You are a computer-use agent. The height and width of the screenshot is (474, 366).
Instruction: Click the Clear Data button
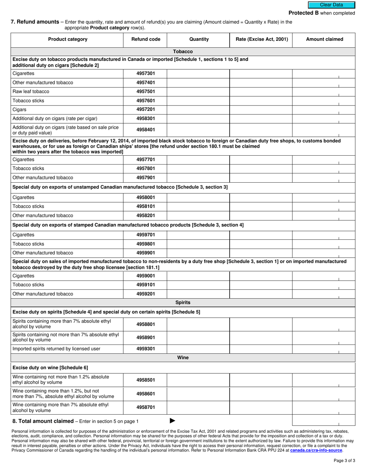pyautogui.click(x=331, y=5)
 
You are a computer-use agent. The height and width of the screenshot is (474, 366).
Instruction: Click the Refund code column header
pyautogui.click(x=146, y=39)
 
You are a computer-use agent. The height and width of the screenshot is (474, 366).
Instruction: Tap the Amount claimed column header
pyautogui.click(x=324, y=39)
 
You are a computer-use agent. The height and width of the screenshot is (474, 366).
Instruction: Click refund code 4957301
pyautogui.click(x=146, y=73)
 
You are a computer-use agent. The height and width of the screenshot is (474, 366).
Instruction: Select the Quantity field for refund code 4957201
pyautogui.click(x=198, y=110)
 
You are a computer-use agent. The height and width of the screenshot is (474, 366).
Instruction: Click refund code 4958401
pyautogui.click(x=146, y=130)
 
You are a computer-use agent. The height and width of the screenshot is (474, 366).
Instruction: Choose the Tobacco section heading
pyautogui.click(x=183, y=52)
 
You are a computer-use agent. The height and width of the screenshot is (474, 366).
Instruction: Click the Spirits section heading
pyautogui.click(x=183, y=303)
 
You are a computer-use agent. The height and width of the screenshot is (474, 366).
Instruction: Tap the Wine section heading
pyautogui.click(x=183, y=358)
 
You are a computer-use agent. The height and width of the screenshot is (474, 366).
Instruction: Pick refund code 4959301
pyautogui.click(x=146, y=349)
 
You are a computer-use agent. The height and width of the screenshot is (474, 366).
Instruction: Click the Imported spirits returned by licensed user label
pyautogui.click(x=56, y=349)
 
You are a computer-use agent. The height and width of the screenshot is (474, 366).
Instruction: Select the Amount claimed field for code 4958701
pyautogui.click(x=324, y=407)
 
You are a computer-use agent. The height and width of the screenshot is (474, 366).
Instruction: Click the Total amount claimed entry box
pyautogui.click(x=324, y=421)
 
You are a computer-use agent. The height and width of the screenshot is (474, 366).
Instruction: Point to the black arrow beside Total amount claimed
pyautogui.click(x=172, y=421)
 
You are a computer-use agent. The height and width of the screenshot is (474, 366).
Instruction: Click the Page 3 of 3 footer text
pyautogui.click(x=344, y=461)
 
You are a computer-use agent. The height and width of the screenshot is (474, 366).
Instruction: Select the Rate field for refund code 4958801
pyautogui.click(x=261, y=324)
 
